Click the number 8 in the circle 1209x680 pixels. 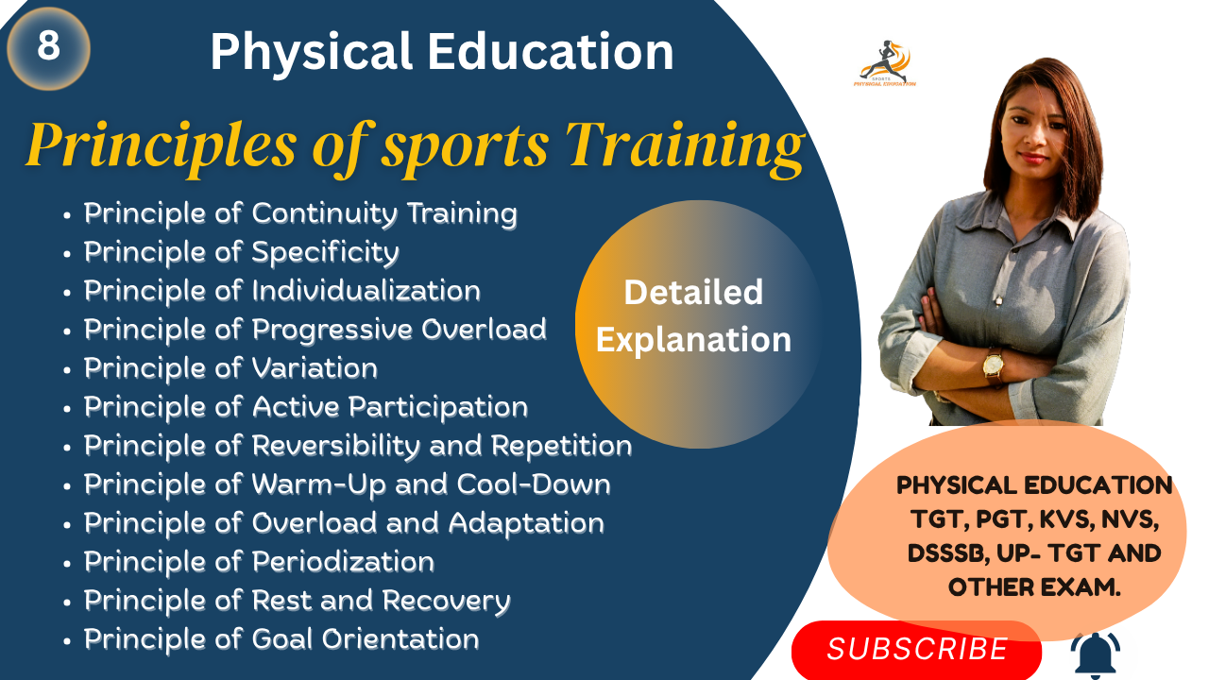pyautogui.click(x=48, y=45)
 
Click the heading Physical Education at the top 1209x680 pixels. pyautogui.click(x=441, y=52)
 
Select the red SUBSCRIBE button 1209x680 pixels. pyautogui.click(x=916, y=649)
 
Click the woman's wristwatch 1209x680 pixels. pyautogui.click(x=993, y=364)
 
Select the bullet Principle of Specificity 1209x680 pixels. pyautogui.click(x=241, y=252)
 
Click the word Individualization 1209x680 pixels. pyautogui.click(x=366, y=291)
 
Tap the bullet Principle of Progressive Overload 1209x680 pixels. pyautogui.click(x=315, y=330)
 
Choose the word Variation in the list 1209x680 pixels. pyautogui.click(x=314, y=368)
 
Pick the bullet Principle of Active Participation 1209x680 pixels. pyautogui.click(x=305, y=407)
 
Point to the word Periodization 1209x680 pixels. pyautogui.click(x=342, y=562)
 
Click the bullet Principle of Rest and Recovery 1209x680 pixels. pyautogui.click(x=297, y=601)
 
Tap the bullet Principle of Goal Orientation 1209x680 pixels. pyautogui.click(x=281, y=639)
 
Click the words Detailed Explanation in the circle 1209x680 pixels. pyautogui.click(x=693, y=315)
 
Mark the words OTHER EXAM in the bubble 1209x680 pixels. pyautogui.click(x=1034, y=586)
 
